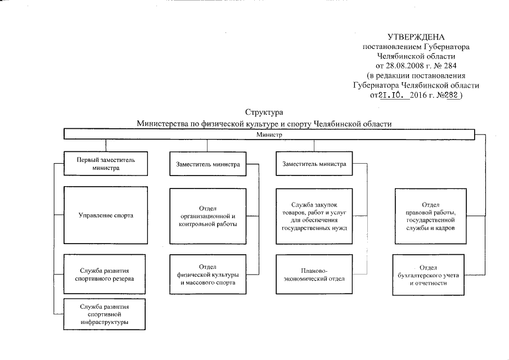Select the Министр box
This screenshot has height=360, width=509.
[x=269, y=134]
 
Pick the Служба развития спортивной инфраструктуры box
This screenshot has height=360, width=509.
[x=104, y=314]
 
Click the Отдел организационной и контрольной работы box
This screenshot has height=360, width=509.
[x=208, y=215]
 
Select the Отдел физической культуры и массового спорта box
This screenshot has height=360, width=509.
[x=208, y=273]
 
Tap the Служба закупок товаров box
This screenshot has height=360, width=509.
[x=314, y=215]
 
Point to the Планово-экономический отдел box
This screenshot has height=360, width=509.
[x=314, y=273]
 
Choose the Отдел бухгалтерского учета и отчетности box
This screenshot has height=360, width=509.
[x=430, y=274]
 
